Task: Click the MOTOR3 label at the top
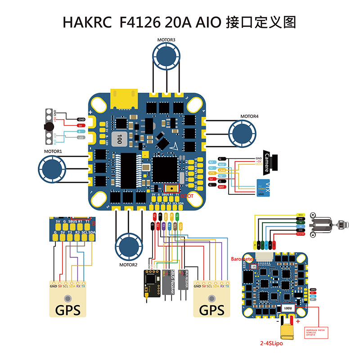coord(166,40)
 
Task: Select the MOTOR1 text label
coord(53,152)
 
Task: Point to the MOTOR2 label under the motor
coord(129,265)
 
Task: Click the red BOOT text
coord(187,196)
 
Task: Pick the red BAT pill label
coord(221,186)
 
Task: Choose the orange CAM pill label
coord(222,170)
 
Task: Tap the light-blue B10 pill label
coord(222,165)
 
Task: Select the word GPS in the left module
coord(67,311)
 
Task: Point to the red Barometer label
coord(242,260)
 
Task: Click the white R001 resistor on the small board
coord(287,308)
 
